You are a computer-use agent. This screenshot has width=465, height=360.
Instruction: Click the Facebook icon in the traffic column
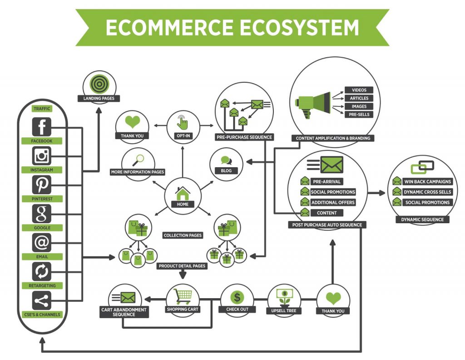click(x=41, y=127)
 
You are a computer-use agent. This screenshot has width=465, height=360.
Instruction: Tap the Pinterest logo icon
click(x=41, y=185)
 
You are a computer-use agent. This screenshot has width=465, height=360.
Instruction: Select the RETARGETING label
click(x=42, y=285)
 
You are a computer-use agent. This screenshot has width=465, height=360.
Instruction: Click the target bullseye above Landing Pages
click(x=99, y=84)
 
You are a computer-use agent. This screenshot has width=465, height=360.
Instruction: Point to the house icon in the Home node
click(x=183, y=194)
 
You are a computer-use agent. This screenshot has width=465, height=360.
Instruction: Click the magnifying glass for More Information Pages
click(x=138, y=160)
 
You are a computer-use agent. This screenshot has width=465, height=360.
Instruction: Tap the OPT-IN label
click(x=183, y=136)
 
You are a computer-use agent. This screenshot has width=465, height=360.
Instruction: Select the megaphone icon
click(x=313, y=104)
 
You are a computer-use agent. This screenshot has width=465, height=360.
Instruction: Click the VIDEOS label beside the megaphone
click(x=359, y=90)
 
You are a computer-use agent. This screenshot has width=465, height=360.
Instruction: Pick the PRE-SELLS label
click(x=359, y=115)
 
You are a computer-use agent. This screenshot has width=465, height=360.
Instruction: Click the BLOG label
click(x=226, y=170)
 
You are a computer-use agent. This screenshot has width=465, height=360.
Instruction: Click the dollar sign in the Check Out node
click(x=237, y=297)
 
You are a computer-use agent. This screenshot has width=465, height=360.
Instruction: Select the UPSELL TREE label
click(x=284, y=311)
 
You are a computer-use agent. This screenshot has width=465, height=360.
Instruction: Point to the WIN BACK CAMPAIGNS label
click(x=427, y=182)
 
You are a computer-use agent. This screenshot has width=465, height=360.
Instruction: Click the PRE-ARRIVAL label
click(x=326, y=182)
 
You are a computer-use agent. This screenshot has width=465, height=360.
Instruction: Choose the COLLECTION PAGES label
click(x=183, y=235)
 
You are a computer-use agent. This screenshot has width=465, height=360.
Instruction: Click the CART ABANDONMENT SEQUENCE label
click(x=124, y=312)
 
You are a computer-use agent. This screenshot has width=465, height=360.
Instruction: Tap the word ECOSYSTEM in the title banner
click(x=299, y=28)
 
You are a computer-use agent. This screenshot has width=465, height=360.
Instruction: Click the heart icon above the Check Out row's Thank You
click(x=333, y=298)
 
